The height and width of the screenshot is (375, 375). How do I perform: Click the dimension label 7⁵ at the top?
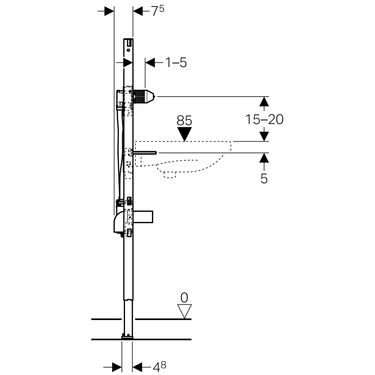click(157, 11)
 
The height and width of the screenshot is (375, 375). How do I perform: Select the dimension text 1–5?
click(176, 63)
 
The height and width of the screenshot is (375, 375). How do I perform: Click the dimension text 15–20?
click(264, 119)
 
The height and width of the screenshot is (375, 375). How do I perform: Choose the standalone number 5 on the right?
click(264, 179)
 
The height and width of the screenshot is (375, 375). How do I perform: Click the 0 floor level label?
click(184, 297)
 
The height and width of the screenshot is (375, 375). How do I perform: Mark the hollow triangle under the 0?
click(184, 311)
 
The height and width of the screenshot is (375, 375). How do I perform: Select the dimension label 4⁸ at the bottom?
click(159, 366)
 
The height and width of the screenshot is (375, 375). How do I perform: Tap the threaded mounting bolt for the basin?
click(146, 153)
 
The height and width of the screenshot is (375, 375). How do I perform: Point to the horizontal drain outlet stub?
click(144, 217)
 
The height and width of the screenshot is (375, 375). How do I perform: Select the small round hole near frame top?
click(128, 50)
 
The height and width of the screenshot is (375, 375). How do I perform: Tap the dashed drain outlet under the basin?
click(170, 175)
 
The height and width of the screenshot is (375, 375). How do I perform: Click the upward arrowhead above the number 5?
click(264, 157)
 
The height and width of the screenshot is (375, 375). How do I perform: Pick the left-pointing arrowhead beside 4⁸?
click(137, 366)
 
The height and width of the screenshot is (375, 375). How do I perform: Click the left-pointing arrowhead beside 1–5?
click(150, 63)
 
